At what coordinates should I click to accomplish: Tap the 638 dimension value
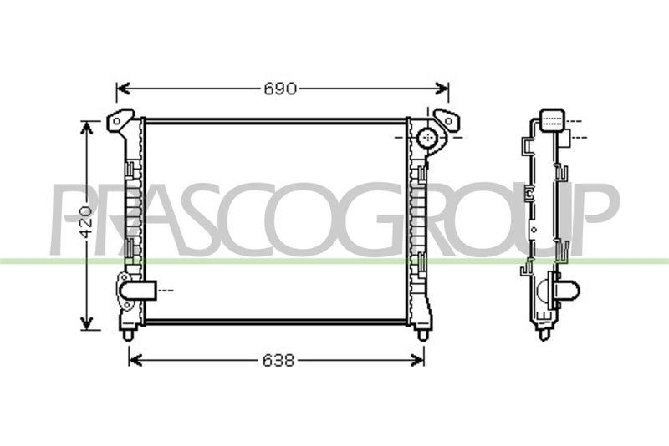coord(278,360)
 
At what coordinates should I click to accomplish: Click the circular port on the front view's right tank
coord(427,137)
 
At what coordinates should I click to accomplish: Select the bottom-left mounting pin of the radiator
coord(128,334)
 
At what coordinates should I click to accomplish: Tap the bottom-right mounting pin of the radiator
coord(422,334)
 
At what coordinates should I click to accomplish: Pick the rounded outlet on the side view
coord(566,291)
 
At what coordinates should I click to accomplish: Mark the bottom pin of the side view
coord(544,334)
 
